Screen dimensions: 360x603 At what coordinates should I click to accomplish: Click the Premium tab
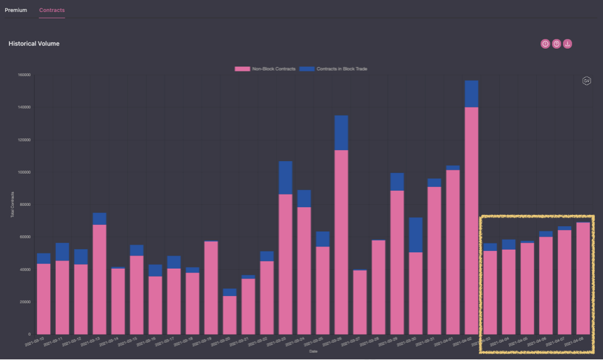coord(16,10)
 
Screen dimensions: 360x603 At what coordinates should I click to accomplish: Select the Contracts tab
coord(51,10)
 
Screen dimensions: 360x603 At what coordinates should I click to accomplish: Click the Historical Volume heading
coord(34,44)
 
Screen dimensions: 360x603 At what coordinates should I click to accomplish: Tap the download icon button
coord(567,44)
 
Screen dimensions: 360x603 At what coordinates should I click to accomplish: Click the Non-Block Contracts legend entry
coord(266,68)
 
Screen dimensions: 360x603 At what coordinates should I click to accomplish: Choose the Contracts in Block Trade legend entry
coord(334,68)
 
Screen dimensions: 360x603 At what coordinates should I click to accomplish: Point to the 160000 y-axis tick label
coord(24,75)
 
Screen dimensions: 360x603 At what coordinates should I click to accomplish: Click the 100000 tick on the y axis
coord(24,172)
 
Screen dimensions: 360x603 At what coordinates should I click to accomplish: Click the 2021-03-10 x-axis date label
coord(36,342)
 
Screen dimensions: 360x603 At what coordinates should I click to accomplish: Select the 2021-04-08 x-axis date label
coord(576,342)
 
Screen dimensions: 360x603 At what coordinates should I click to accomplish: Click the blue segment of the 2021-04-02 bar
coord(471,94)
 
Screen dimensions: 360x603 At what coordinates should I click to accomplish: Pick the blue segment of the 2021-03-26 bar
coord(341,132)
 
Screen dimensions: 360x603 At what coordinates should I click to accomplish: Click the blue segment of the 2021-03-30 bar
coord(415,235)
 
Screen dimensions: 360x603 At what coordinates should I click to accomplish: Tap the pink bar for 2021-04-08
coord(583,279)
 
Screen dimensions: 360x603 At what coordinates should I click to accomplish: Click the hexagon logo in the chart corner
coord(587,80)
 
